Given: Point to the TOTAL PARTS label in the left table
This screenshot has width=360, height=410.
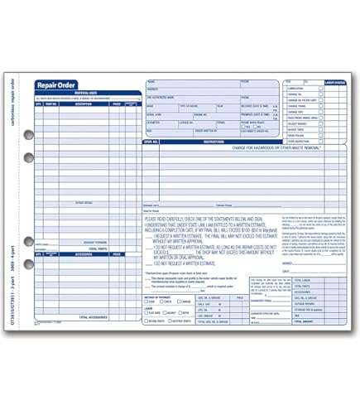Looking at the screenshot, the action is coord(98,248).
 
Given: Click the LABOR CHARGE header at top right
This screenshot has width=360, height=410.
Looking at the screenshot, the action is coord(336,83).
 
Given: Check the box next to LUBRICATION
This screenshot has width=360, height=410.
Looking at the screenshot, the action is coord(320,88).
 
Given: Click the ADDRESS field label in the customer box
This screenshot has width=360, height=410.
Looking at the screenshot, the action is coord(151,89).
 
